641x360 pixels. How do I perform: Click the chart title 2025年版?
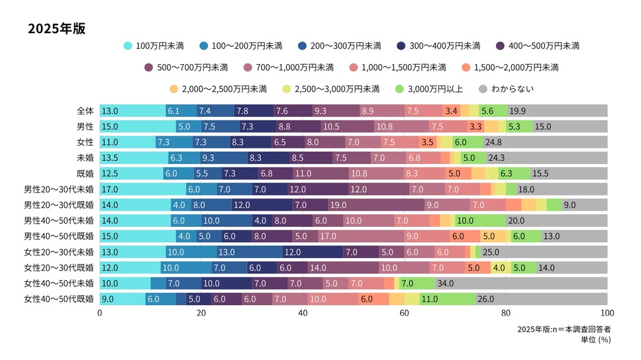click(x=57, y=30)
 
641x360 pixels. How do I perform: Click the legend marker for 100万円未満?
click(x=128, y=46)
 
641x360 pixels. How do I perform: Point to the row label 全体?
click(x=85, y=111)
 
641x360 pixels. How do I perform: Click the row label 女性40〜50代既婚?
click(x=59, y=298)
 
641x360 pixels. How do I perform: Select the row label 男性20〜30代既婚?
click(x=59, y=204)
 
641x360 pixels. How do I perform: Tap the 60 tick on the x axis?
click(x=405, y=313)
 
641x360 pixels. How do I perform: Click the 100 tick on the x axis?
click(x=607, y=313)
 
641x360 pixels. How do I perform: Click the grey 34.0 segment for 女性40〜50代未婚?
click(x=521, y=283)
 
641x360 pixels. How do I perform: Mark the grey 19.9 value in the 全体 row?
click(x=518, y=111)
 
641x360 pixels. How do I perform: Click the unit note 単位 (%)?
click(x=595, y=339)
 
